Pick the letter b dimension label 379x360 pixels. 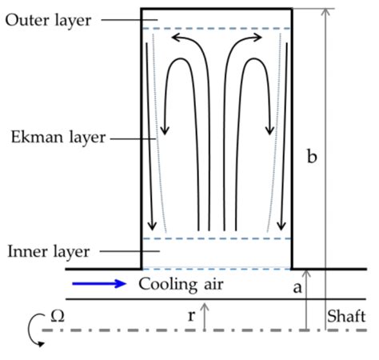tap(313, 157)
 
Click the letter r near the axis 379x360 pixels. tap(191, 315)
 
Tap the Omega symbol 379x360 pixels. tap(57, 316)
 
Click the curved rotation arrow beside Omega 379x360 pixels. tap(31, 329)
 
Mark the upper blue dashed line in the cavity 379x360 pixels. tap(216, 29)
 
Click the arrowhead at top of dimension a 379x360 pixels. tap(308, 274)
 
